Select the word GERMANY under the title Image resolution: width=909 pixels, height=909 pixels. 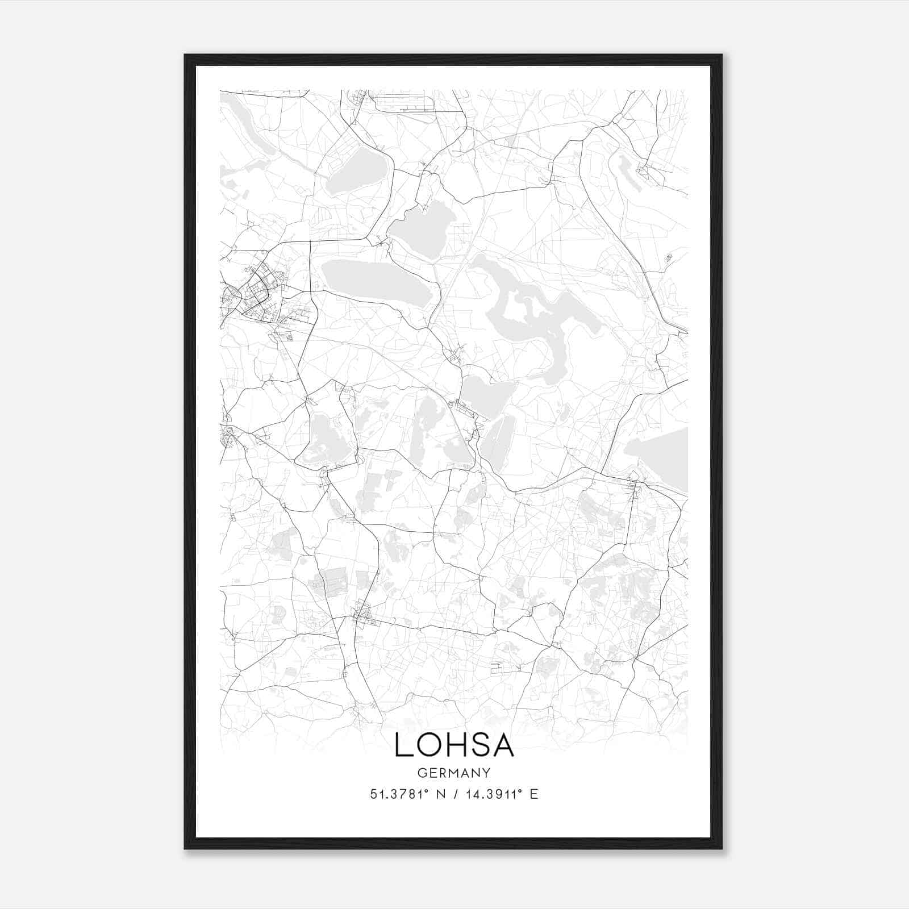pyautogui.click(x=454, y=773)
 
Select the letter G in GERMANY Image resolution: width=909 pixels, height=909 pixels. pyautogui.click(x=422, y=773)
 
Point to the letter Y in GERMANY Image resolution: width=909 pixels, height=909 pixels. pyautogui.click(x=487, y=773)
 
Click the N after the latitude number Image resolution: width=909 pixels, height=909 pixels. pyautogui.click(x=439, y=794)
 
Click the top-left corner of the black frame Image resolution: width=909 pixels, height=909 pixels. pyautogui.click(x=186, y=56)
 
